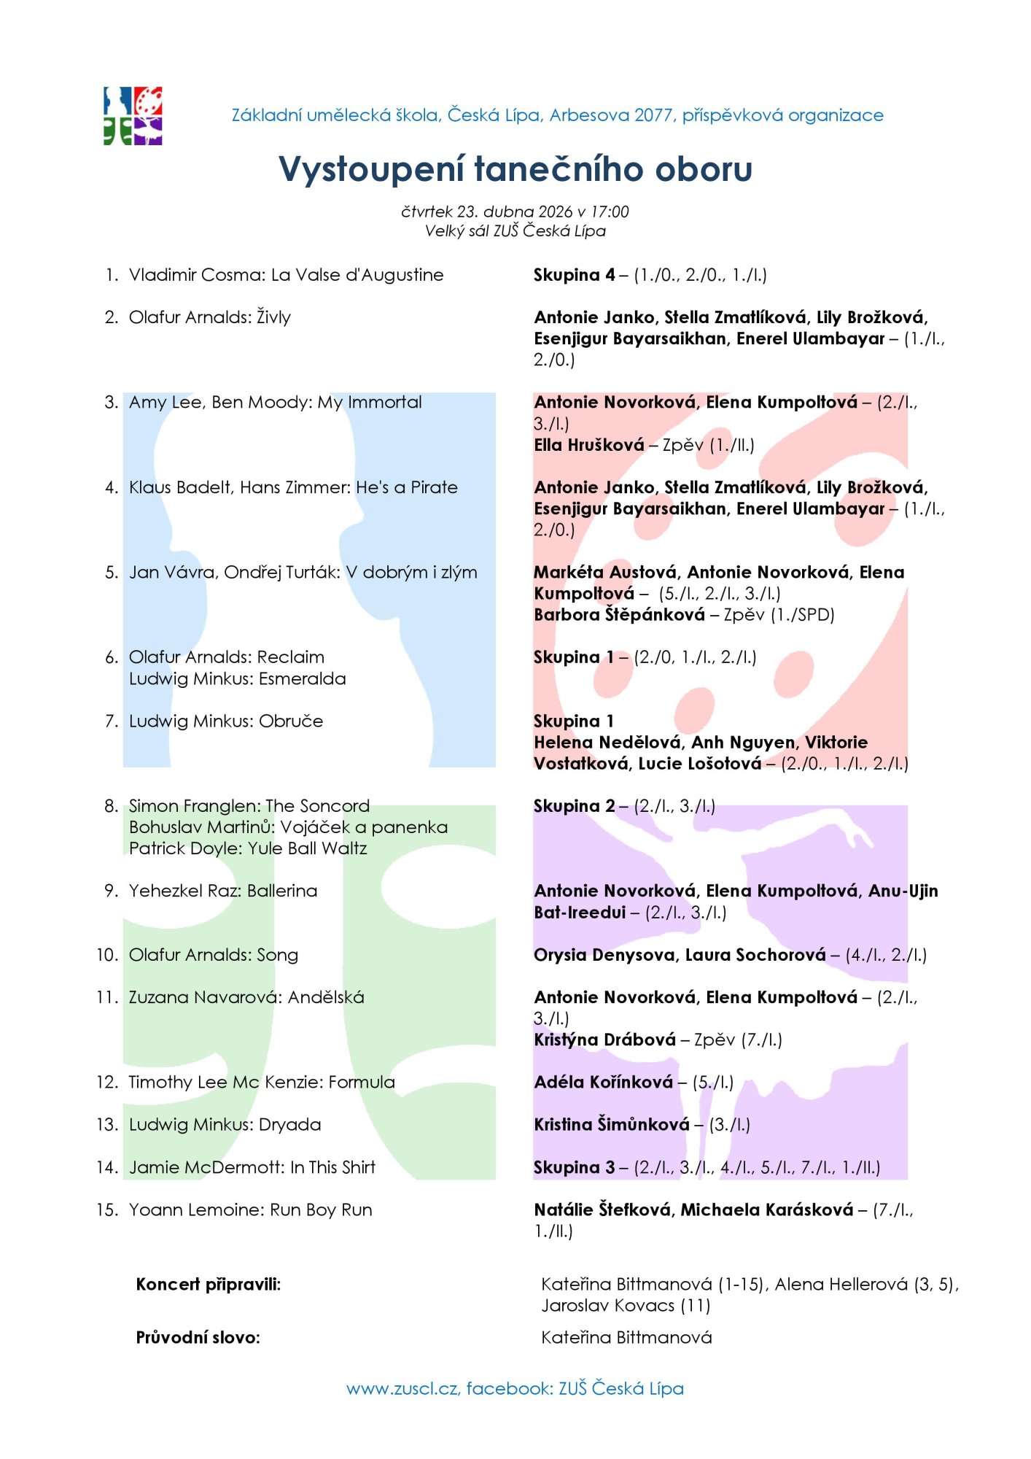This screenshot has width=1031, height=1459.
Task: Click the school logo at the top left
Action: pos(133,116)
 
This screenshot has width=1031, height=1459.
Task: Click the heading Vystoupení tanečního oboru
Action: pos(515,169)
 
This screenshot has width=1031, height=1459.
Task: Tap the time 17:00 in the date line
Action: pos(610,212)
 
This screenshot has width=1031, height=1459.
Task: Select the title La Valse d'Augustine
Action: pos(357,275)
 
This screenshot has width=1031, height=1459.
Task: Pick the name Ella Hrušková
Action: pos(589,445)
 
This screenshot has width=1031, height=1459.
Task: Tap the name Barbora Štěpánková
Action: pos(619,615)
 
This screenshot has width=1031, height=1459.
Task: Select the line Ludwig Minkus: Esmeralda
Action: pos(237,678)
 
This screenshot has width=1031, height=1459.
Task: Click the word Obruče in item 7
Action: pos(291,721)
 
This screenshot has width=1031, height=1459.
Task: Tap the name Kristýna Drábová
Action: pos(604,1040)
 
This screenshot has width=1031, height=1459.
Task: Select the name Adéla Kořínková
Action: pos(603,1082)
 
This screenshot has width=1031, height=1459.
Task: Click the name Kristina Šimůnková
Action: pos(611,1124)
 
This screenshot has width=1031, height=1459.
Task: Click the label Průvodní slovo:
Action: pos(198,1337)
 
